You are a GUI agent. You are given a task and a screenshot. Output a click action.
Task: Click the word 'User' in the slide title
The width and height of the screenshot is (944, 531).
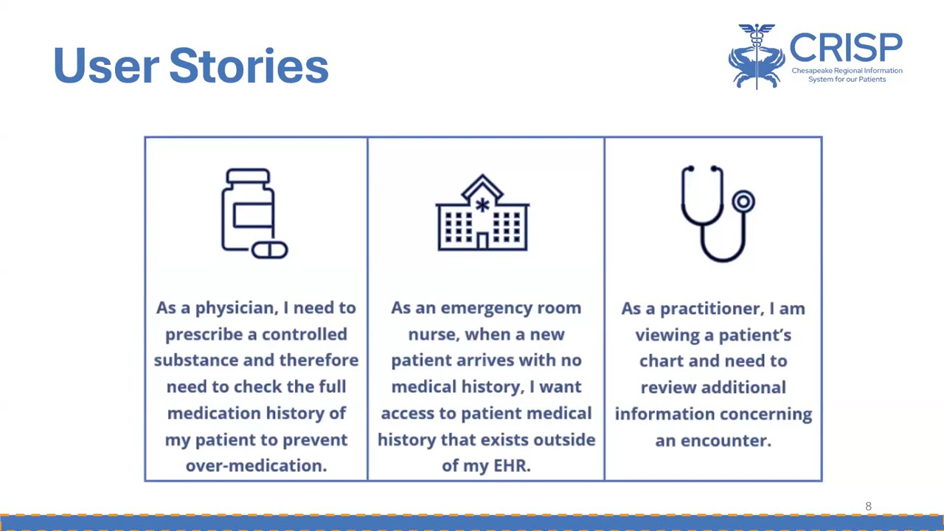coord(105,66)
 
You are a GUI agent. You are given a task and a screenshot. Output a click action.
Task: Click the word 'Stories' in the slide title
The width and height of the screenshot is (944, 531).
coord(249,66)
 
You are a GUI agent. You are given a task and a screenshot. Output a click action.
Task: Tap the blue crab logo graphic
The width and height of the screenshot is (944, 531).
coord(757,57)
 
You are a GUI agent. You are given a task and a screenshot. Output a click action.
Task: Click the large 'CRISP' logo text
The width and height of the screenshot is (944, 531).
coord(845,48)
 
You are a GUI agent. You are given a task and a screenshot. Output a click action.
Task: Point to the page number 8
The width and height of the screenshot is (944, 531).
coord(868,506)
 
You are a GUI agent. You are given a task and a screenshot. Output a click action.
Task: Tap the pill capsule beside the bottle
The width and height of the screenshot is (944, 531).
coord(270,250)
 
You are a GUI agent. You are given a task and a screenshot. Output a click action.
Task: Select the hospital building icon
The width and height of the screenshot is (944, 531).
coord(482,213)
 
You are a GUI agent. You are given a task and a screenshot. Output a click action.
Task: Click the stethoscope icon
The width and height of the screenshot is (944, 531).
coord(716,213)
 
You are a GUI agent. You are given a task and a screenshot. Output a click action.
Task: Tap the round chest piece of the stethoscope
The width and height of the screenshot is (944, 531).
coord(743,201)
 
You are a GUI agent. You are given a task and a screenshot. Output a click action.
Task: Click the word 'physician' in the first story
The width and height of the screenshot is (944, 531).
coord(235,308)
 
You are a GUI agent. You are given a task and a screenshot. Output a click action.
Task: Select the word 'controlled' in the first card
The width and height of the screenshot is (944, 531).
coord(304,334)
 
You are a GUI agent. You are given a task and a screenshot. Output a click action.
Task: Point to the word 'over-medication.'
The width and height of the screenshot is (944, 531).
coord(256,465)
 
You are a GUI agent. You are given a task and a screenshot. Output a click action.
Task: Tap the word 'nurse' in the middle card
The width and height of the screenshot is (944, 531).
coord(434,334)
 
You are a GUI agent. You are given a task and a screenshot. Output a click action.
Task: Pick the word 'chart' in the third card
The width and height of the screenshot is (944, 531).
coord(662,361)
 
